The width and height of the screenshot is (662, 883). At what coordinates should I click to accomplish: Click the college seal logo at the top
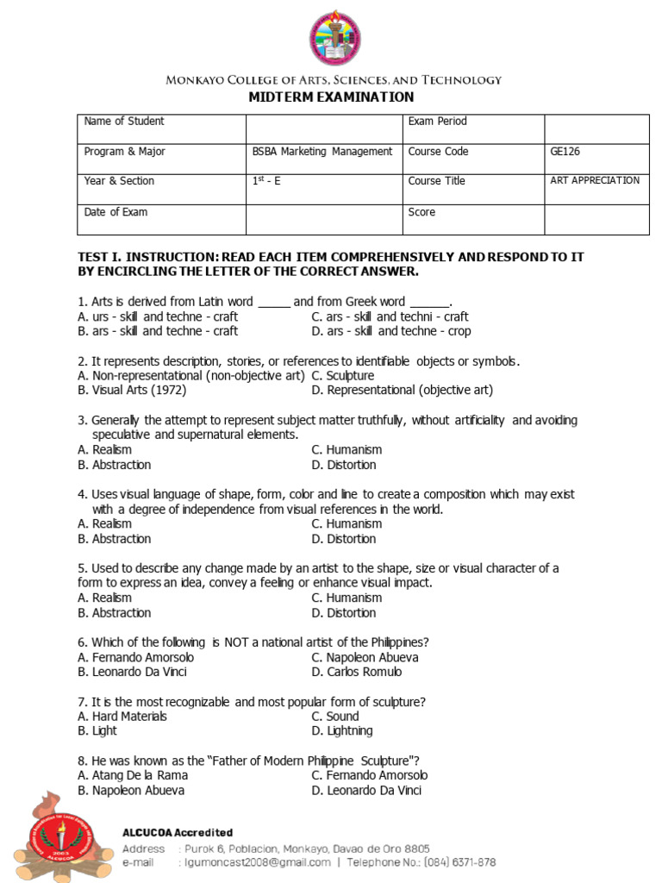coord(335,39)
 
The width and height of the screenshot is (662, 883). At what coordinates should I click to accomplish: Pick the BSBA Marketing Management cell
coord(322,152)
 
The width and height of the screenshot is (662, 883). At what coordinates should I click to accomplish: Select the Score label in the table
coord(422,212)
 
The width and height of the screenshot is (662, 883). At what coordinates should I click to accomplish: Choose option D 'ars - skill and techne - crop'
coord(391,331)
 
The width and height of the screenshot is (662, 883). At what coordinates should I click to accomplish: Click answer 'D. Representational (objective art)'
coord(402,390)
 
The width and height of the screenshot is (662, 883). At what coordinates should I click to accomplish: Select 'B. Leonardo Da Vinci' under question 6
coord(132,672)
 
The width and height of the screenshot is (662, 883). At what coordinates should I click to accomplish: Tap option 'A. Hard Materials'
coord(122,716)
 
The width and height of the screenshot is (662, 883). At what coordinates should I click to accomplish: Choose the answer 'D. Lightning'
coord(342,730)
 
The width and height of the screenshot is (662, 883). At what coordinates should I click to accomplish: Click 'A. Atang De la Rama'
coord(132,774)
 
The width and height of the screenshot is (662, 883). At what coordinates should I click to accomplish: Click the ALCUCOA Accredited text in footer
coord(177,832)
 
